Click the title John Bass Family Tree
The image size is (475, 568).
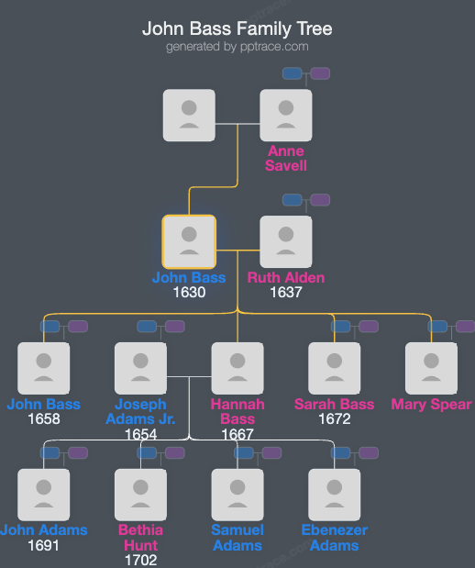(237, 28)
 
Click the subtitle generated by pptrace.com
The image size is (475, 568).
(237, 47)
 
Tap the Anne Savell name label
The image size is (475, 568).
(286, 158)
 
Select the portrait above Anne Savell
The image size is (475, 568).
(286, 116)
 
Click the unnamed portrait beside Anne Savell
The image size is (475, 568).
(189, 116)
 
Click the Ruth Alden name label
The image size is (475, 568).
(286, 278)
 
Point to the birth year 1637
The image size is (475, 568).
(286, 294)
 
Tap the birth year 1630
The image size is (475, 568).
(189, 294)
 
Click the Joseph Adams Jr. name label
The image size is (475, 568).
(141, 412)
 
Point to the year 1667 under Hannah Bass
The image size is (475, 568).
(237, 435)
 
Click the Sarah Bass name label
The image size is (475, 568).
(335, 405)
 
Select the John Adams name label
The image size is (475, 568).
(44, 530)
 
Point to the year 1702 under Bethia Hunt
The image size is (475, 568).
(141, 561)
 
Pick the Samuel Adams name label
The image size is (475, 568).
(237, 538)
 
